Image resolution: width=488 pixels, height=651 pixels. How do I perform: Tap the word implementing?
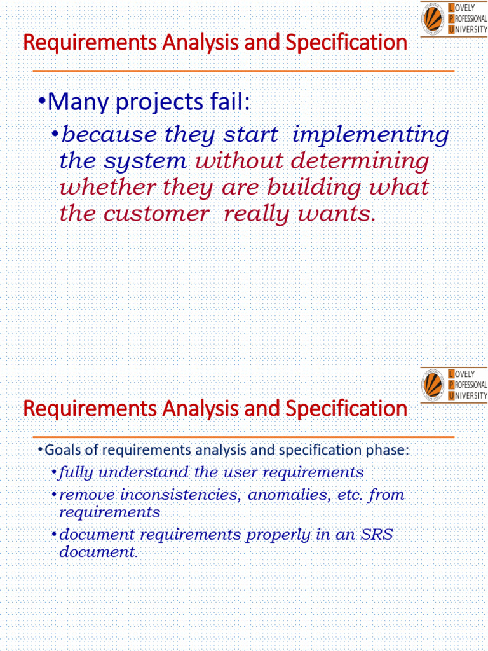pyautogui.click(x=370, y=135)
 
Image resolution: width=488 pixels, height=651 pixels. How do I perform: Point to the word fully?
pyautogui.click(x=75, y=472)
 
